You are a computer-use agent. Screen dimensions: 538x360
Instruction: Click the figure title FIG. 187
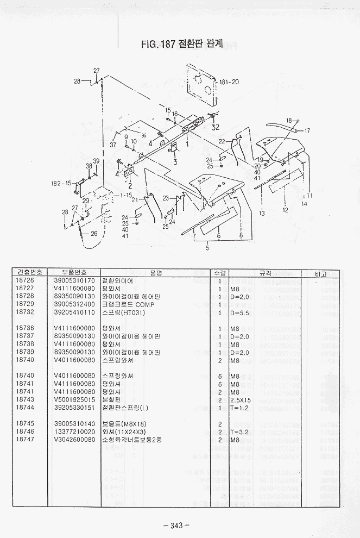point(157,45)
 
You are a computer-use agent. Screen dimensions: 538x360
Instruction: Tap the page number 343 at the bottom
point(175,525)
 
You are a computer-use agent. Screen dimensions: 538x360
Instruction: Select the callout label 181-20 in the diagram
point(229,82)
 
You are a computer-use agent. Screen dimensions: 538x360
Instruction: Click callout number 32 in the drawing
point(216,128)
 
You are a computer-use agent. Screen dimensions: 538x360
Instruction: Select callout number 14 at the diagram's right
point(304,203)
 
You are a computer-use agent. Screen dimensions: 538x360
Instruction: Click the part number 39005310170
point(74,281)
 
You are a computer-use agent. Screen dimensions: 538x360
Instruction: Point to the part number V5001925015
point(74,399)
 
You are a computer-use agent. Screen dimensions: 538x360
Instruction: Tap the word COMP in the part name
point(145,304)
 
